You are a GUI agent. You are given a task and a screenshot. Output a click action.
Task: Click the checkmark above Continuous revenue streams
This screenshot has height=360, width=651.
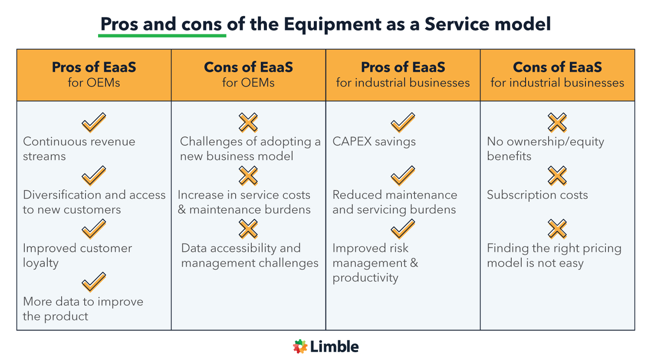pyautogui.click(x=94, y=122)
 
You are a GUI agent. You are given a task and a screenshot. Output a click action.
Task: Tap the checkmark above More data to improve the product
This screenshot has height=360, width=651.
pyautogui.click(x=94, y=282)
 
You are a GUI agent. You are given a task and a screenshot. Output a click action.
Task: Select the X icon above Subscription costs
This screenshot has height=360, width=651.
pyautogui.click(x=557, y=176)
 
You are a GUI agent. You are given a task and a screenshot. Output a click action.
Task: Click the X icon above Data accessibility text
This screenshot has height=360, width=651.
pyautogui.click(x=248, y=229)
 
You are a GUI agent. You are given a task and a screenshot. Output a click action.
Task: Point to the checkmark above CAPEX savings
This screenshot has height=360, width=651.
pyautogui.click(x=403, y=122)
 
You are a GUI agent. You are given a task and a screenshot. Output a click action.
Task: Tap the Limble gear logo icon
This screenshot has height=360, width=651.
pyautogui.click(x=300, y=347)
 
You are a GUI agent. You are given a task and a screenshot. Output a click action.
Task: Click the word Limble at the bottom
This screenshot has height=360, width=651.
pyautogui.click(x=334, y=347)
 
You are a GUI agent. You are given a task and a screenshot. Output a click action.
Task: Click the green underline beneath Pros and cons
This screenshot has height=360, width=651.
pyautogui.click(x=162, y=35)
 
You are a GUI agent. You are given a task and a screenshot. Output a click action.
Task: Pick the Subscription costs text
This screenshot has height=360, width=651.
pyautogui.click(x=537, y=195)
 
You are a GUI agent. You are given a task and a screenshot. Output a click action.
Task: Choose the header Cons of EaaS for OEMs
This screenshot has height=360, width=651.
pyautogui.click(x=248, y=74)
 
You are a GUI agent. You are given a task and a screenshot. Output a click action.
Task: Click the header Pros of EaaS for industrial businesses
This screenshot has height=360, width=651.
pyautogui.click(x=403, y=74)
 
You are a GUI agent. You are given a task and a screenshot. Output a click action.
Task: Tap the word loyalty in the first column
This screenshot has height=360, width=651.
pyautogui.click(x=41, y=263)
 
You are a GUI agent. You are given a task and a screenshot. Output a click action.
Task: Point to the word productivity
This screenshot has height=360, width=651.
pyautogui.click(x=365, y=278)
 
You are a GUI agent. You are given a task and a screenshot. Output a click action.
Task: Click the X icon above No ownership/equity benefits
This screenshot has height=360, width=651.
pyautogui.click(x=557, y=122)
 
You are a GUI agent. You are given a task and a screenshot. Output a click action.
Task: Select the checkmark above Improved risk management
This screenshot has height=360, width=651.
pyautogui.click(x=403, y=229)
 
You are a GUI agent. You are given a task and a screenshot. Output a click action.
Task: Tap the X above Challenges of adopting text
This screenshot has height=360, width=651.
pyautogui.click(x=248, y=122)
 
